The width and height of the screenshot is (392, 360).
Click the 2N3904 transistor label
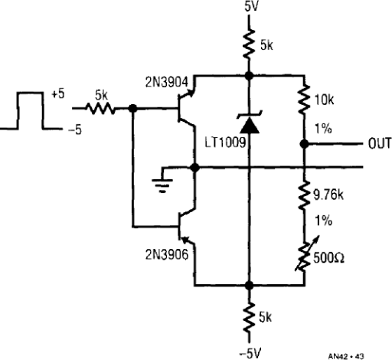(167, 82)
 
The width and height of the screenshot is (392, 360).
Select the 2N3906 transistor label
(167, 254)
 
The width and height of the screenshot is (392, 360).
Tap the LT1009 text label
(225, 142)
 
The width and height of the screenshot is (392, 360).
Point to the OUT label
(380, 144)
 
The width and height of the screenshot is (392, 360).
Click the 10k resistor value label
(324, 100)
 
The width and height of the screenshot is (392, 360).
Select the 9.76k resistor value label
(328, 195)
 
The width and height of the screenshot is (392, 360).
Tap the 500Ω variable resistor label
(328, 257)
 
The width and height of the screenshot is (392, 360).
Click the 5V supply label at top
(251, 6)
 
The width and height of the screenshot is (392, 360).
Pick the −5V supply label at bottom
(250, 354)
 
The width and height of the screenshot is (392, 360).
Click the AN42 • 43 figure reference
(346, 355)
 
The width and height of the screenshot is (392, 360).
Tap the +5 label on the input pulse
(58, 94)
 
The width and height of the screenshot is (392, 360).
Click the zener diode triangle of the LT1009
(250, 126)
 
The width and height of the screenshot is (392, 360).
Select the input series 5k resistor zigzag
(100, 109)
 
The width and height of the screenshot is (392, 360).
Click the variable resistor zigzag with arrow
(305, 254)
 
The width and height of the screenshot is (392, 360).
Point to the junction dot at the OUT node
(304, 144)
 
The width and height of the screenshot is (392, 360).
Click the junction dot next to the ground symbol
(195, 168)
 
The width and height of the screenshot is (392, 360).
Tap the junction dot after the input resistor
(132, 109)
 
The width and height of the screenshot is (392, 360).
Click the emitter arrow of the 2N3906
(186, 240)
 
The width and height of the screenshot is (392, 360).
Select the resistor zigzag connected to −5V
(250, 318)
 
